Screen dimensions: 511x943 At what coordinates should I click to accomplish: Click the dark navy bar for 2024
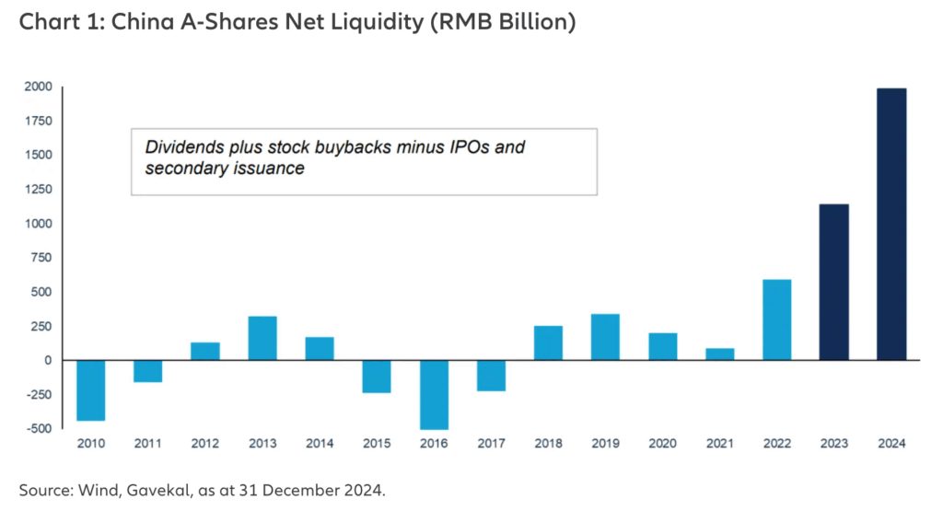click(891, 224)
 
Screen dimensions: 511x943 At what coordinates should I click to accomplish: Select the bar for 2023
click(834, 282)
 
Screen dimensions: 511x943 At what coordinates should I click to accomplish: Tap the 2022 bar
click(777, 319)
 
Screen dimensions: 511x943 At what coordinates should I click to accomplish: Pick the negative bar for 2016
click(434, 394)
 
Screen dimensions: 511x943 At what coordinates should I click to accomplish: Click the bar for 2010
click(90, 389)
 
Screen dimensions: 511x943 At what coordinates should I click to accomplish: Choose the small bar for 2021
click(720, 354)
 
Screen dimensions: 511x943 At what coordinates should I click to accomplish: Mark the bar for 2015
click(377, 376)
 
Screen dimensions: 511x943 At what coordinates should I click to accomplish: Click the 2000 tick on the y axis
click(38, 87)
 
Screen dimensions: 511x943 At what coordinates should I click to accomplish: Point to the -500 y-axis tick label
click(36, 429)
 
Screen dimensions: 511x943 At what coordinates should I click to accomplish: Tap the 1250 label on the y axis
click(38, 190)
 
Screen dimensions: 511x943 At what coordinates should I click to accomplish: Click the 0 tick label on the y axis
click(46, 360)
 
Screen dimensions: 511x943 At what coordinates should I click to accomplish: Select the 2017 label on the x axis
click(491, 444)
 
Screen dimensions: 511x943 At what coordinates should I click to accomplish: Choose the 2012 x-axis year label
click(204, 444)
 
